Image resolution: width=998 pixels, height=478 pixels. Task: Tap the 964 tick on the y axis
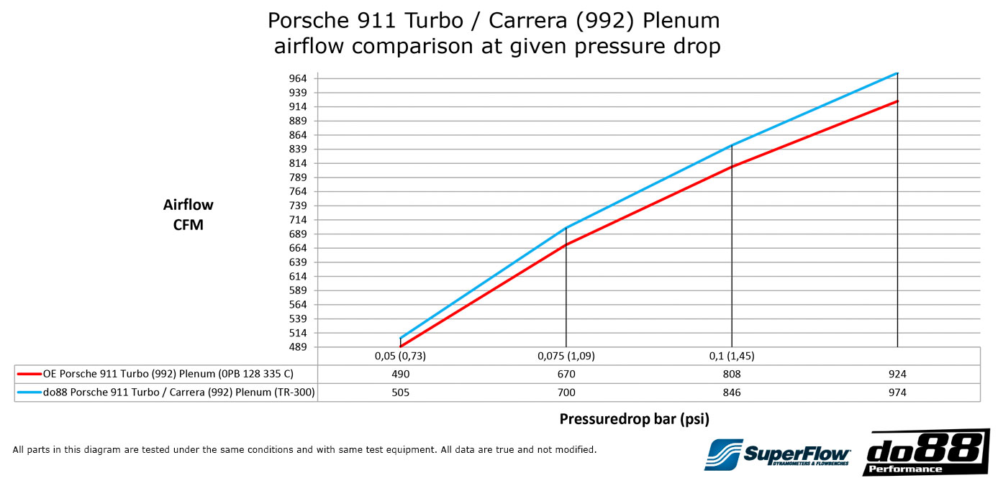pos(298,78)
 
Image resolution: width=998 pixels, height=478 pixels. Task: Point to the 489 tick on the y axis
pos(298,347)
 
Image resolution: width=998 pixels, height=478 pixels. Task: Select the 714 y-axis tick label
pos(298,220)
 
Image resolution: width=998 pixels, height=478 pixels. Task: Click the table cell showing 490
pos(400,374)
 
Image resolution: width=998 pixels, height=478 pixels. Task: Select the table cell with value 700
pos(566,392)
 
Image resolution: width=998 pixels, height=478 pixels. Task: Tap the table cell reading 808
pos(731,374)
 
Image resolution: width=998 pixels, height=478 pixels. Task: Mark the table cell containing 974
pos(897,392)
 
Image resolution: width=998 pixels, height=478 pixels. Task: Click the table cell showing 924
pos(897,374)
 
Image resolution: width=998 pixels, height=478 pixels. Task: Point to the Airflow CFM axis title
pos(189,215)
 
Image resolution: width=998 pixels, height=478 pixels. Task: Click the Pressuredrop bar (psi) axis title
pos(639,418)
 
